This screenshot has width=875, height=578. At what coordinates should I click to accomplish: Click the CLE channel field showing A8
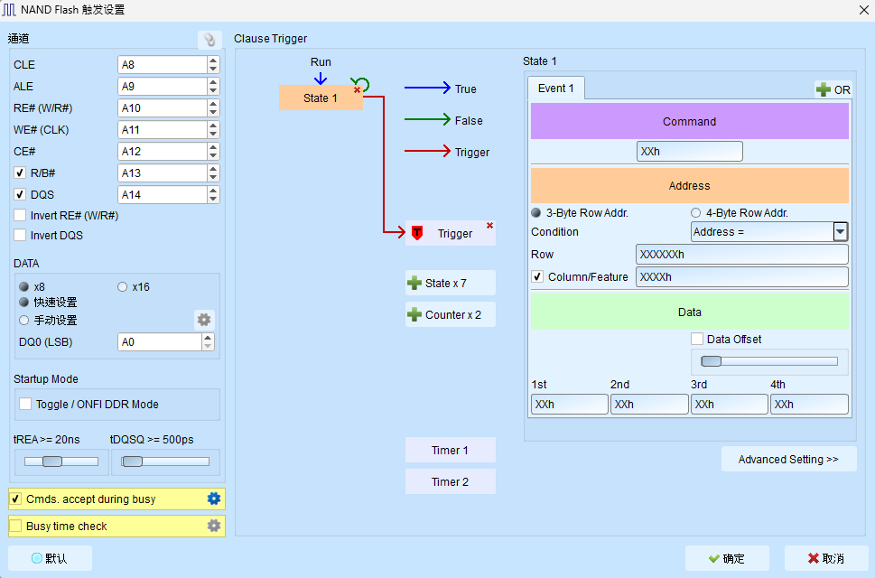pos(163,65)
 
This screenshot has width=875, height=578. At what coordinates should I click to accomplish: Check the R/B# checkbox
pos(20,173)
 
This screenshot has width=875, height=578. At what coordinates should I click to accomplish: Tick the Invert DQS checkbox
pos(20,236)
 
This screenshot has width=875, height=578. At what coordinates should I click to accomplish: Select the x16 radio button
pos(122,287)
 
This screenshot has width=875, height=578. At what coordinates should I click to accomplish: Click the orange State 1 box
pos(321,98)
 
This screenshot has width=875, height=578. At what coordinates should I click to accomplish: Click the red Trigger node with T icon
pos(451,233)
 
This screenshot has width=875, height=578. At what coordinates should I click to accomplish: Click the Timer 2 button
pos(451,481)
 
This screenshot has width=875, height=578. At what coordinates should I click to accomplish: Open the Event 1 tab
pos(556,89)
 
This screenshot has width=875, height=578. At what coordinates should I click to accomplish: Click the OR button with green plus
pos(833,89)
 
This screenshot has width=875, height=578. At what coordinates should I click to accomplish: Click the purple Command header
pos(690,121)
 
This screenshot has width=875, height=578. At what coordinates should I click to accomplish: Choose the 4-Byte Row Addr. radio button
pos(696,212)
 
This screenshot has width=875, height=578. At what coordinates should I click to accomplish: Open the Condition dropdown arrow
pos(841,231)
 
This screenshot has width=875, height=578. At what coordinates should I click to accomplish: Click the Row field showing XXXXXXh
pos(742,255)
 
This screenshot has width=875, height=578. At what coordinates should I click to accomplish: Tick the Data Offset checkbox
pos(697,339)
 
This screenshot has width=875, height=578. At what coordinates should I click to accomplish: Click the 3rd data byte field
pos(730,404)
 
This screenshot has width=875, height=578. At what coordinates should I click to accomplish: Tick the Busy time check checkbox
pos(15,526)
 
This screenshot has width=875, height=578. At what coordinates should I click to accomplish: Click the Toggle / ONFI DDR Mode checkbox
pos(25,404)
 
